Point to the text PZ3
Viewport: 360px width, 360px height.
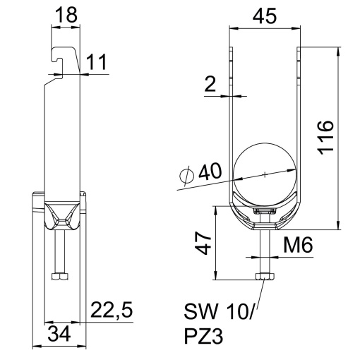point(204,337)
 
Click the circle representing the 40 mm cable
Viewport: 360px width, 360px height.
point(264,174)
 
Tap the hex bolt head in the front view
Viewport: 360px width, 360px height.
point(264,277)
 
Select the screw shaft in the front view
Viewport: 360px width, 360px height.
point(264,251)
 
